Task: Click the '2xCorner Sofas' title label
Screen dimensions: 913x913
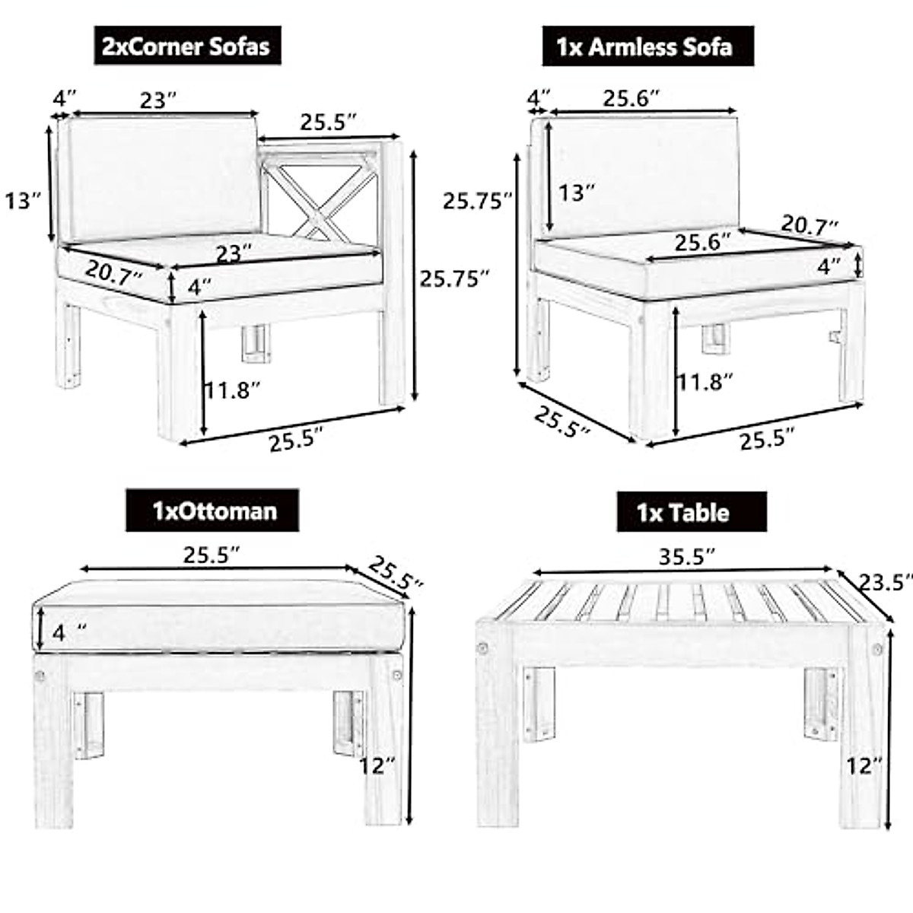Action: [186, 46]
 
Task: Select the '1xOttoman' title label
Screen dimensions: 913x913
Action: [212, 510]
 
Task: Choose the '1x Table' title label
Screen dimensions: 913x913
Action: [682, 512]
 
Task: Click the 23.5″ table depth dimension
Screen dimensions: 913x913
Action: [885, 583]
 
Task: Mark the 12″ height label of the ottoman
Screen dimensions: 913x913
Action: [377, 765]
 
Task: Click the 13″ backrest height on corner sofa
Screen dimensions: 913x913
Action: [24, 201]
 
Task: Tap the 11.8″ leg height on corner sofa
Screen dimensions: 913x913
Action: [233, 390]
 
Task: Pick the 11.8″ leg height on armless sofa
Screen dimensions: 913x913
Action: [705, 382]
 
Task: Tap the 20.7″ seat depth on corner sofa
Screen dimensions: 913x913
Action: [113, 272]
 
